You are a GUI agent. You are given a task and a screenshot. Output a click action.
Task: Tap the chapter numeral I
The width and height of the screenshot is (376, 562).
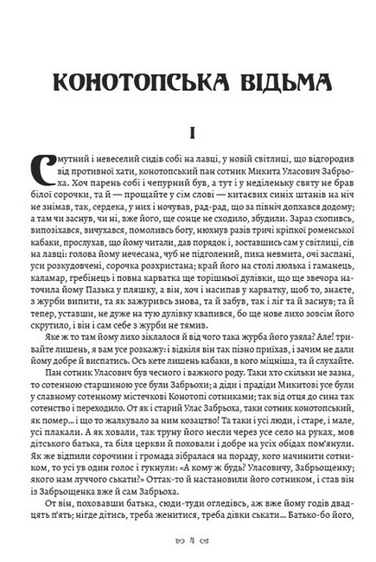pyautogui.click(x=188, y=133)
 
